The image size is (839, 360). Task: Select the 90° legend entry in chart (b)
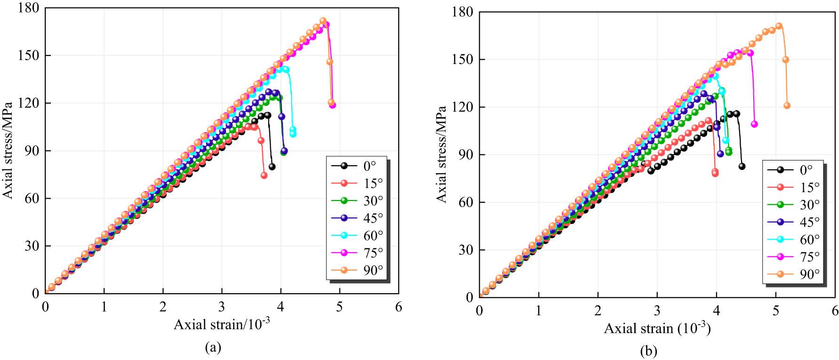[793, 274]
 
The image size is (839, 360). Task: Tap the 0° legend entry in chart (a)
[356, 166]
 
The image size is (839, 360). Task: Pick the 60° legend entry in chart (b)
[793, 239]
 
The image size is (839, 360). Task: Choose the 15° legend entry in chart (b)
[793, 187]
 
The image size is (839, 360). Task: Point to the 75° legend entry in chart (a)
[356, 253]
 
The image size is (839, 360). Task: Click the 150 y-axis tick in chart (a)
[30, 56]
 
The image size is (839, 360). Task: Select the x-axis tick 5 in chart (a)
[339, 306]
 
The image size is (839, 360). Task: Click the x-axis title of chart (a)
[222, 324]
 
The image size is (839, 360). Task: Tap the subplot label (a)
[213, 347]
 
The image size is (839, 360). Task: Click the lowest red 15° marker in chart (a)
[264, 175]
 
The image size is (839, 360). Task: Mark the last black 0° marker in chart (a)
[272, 167]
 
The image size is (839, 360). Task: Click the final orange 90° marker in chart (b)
[787, 106]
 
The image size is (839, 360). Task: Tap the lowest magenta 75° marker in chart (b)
[754, 124]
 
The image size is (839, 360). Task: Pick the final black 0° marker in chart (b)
[742, 166]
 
